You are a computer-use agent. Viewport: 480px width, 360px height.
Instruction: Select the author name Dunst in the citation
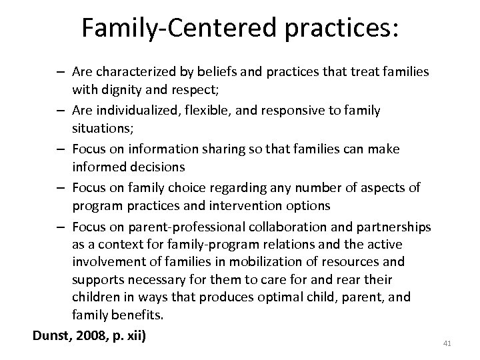coord(53,334)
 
